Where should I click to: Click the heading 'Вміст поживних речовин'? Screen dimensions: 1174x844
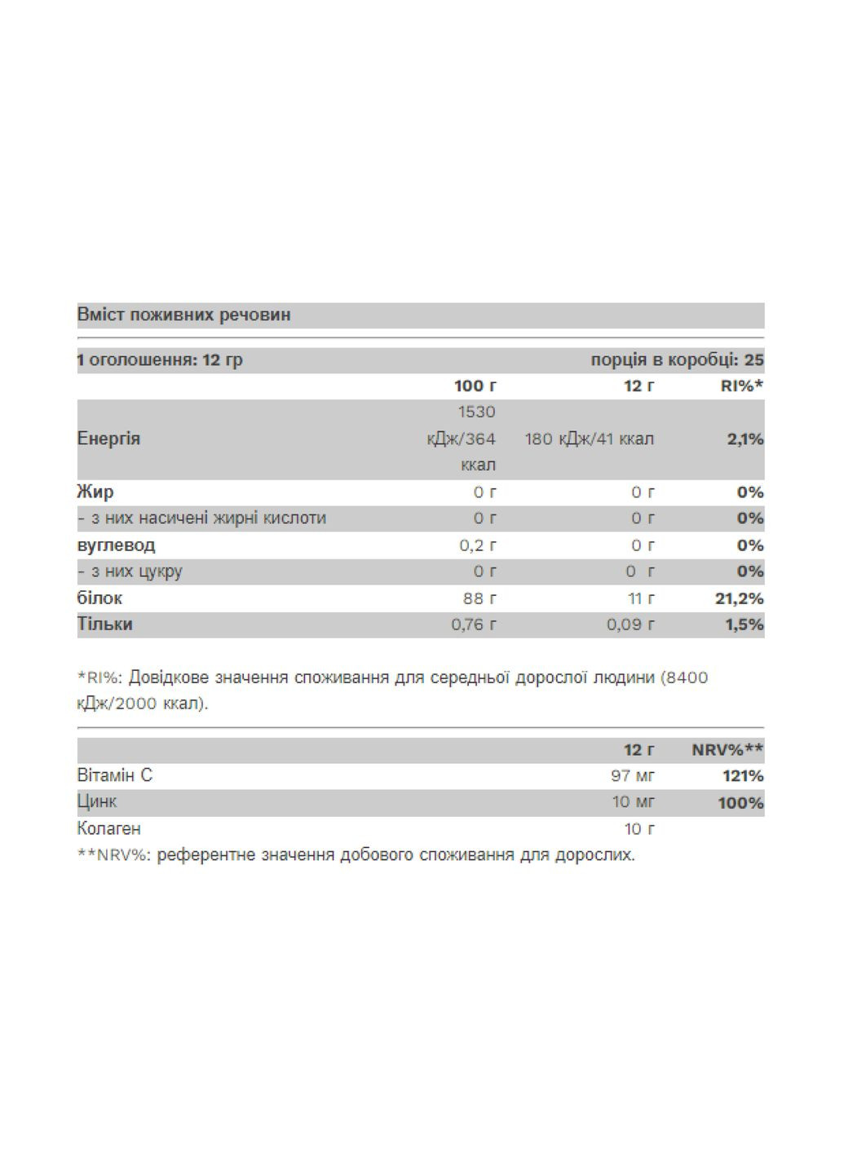point(183,315)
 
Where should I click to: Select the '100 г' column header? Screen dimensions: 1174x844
point(475,386)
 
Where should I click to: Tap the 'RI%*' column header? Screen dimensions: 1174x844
point(741,386)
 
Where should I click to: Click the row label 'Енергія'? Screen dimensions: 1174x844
point(108,439)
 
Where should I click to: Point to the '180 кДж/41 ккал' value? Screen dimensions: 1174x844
point(589,439)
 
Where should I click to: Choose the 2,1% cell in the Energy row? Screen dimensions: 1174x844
point(745,439)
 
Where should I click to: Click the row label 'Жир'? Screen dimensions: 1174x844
point(95,492)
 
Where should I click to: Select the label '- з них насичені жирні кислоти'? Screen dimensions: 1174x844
point(201,518)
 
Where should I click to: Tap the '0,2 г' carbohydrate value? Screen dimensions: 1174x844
point(477,545)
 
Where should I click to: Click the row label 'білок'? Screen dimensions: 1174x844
point(99,598)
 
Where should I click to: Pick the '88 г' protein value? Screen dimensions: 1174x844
point(479,598)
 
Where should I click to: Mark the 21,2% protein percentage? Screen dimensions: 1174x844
point(739,598)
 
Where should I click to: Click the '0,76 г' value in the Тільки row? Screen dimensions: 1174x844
point(473,625)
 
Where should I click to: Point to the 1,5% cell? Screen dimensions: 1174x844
point(745,625)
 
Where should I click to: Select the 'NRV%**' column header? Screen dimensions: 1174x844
point(727,749)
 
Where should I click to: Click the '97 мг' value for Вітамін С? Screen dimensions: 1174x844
point(633,775)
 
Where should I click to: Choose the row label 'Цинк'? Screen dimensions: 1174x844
point(96,801)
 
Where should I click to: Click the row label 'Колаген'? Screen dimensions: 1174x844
point(108,828)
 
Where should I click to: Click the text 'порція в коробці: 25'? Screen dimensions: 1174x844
point(677,360)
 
